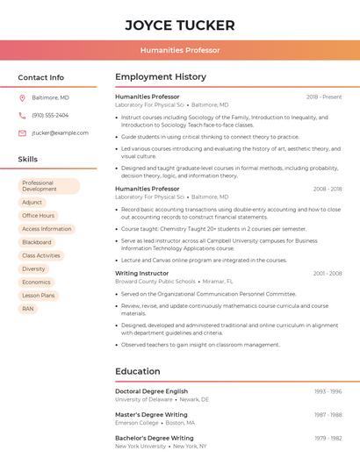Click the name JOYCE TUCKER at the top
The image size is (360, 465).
pos(180,25)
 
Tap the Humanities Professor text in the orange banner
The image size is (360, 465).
pos(180,50)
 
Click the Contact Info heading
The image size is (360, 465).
pos(41,77)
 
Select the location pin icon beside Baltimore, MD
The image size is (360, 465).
pos(22,97)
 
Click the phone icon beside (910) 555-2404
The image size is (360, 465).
pos(22,115)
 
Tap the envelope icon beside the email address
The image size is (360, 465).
pos(22,133)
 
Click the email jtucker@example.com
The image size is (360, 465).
pos(60,133)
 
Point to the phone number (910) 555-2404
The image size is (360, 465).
pos(50,115)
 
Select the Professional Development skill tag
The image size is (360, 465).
pos(49,186)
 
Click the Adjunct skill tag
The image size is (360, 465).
pos(32,202)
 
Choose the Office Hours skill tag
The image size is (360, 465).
pos(39,216)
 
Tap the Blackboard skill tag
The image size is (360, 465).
pos(37,242)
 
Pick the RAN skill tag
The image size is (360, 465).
pos(28,309)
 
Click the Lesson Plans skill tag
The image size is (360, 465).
pos(39,296)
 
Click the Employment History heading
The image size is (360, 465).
pos(161,77)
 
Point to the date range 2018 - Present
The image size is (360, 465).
pos(324,97)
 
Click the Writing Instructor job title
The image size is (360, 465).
pos(142,273)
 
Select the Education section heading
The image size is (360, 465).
pos(138,371)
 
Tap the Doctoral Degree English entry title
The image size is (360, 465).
pos(152,391)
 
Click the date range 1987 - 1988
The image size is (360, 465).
pos(328,415)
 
